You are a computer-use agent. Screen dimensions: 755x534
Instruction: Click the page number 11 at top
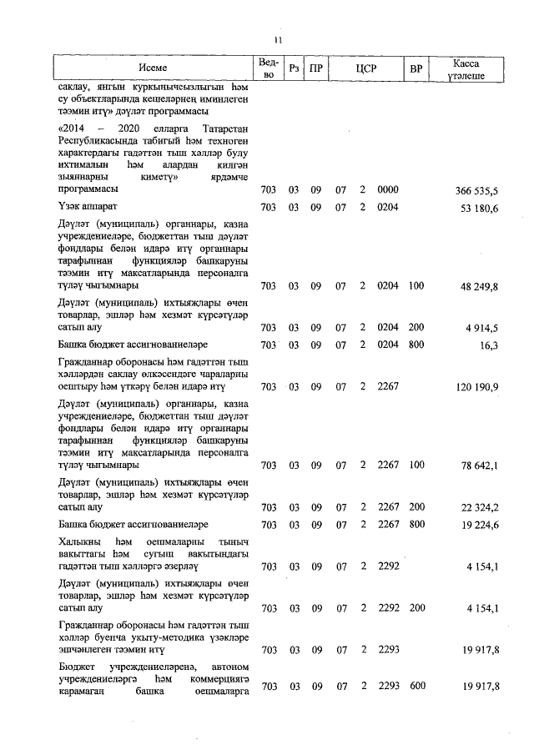(279, 40)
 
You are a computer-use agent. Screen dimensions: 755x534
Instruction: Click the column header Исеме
(154, 68)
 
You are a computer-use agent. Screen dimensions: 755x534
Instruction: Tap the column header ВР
(416, 68)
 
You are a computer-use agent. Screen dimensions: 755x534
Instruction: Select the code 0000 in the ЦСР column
(388, 190)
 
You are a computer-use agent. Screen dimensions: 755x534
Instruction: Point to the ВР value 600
(416, 686)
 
